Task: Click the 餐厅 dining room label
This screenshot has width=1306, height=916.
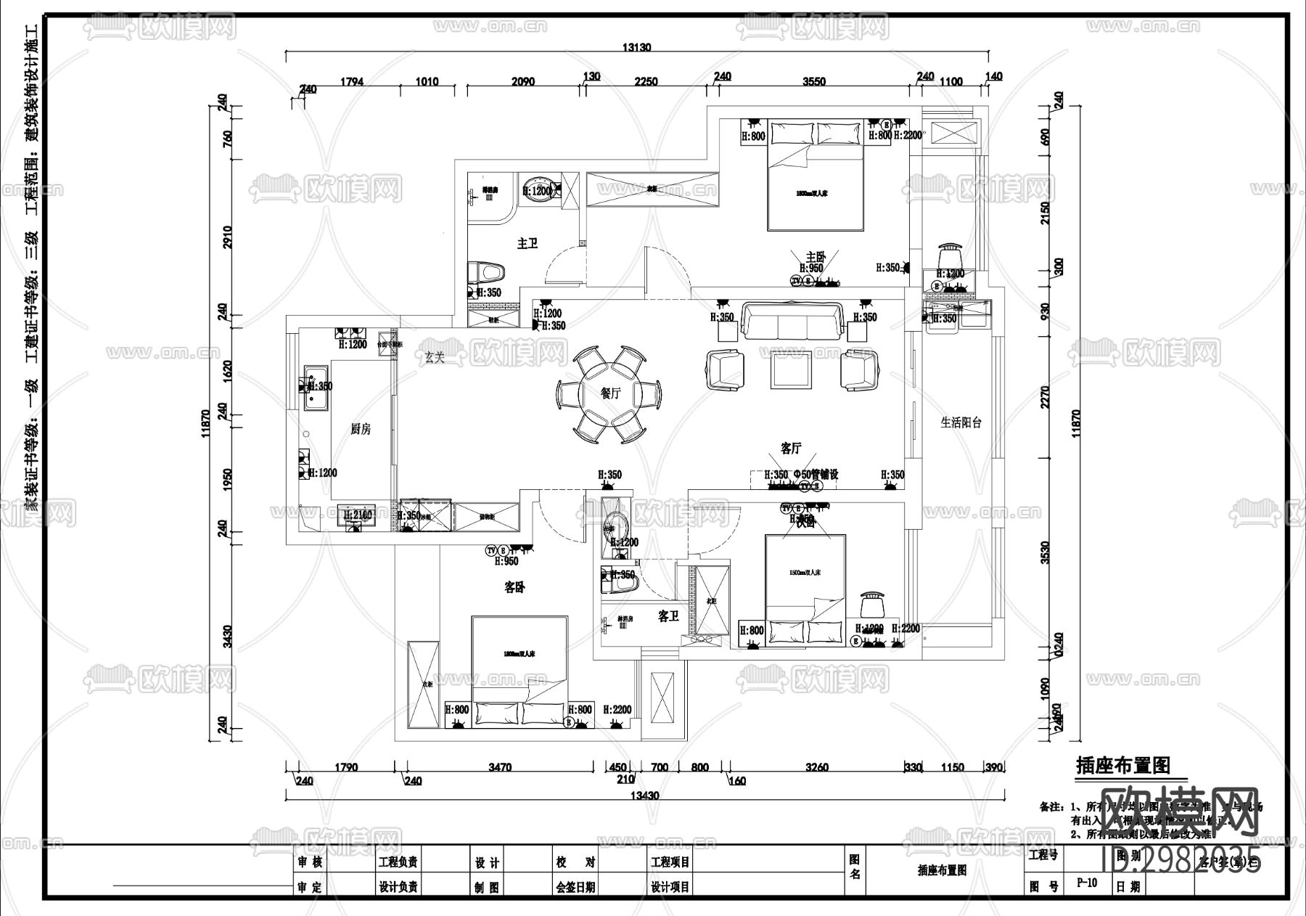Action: click(610, 393)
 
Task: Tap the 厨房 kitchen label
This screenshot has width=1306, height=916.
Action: click(361, 429)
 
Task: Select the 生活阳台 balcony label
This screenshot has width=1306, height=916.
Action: click(961, 422)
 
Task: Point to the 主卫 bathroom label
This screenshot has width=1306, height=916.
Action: click(527, 244)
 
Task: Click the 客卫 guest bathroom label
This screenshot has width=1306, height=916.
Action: click(668, 616)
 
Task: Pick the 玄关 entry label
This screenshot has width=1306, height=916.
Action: click(435, 357)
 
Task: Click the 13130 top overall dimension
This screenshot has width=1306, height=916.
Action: click(637, 47)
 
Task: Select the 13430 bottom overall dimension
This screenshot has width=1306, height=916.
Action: click(644, 796)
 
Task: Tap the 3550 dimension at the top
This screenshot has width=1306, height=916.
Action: click(814, 81)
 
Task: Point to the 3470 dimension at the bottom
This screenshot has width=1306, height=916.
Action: click(500, 767)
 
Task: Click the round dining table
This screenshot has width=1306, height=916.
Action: click(609, 394)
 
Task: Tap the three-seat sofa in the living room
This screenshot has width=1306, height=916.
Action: click(794, 321)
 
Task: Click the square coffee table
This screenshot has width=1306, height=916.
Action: click(792, 370)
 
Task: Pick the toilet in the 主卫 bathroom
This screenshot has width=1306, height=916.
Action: click(489, 272)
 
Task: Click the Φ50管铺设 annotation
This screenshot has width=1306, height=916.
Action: click(816, 475)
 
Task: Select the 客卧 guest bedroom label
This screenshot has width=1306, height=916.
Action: click(514, 588)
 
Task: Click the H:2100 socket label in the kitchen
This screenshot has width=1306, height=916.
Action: click(358, 515)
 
